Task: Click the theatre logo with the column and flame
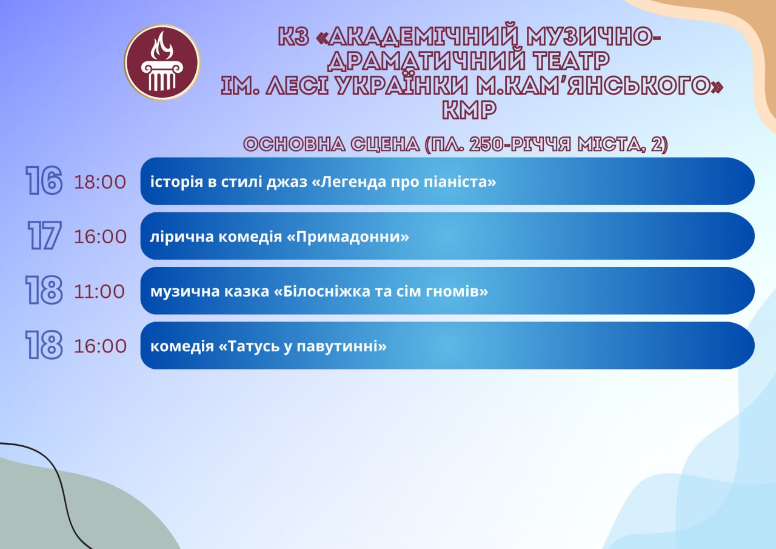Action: pyautogui.click(x=162, y=62)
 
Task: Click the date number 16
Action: pyautogui.click(x=44, y=180)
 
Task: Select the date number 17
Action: pyautogui.click(x=44, y=235)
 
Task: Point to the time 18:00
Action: pyautogui.click(x=100, y=182)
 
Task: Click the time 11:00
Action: pyautogui.click(x=99, y=291)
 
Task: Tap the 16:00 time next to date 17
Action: pyautogui.click(x=100, y=237)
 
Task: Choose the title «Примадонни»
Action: pyautogui.click(x=348, y=237)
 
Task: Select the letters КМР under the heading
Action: pyautogui.click(x=469, y=110)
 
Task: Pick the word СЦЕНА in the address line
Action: pyautogui.click(x=385, y=144)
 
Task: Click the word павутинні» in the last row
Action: pyautogui.click(x=341, y=346)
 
